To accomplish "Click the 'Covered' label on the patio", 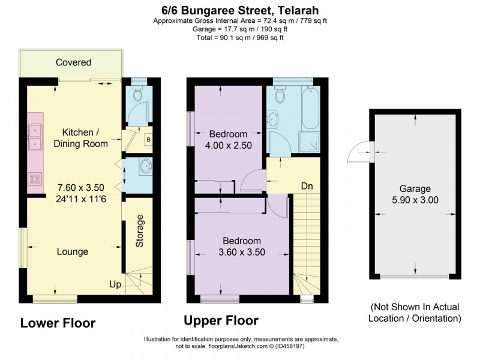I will (73, 62).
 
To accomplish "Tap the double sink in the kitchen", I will (35, 136).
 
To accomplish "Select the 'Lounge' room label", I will (73, 251).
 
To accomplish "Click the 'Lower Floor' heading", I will (58, 323).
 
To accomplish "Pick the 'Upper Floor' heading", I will (221, 320).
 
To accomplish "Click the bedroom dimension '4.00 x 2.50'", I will (228, 145).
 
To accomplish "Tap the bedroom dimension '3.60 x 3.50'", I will (242, 253).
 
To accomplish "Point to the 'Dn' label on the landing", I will (307, 186).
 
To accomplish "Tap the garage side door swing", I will (359, 152).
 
